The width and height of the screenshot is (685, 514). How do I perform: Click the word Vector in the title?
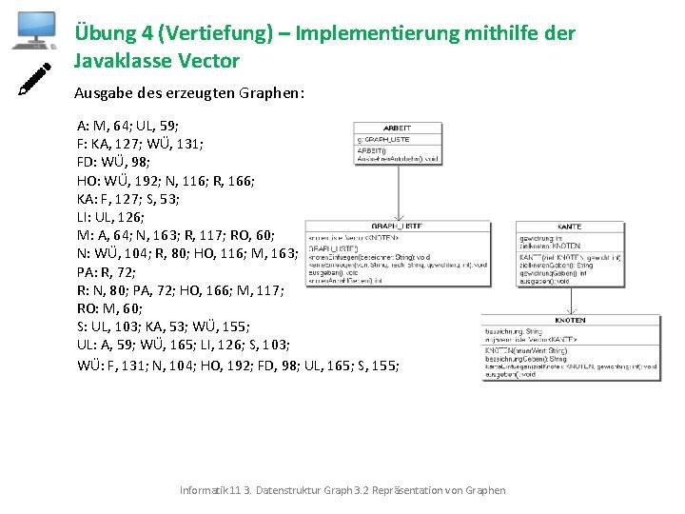coord(206,61)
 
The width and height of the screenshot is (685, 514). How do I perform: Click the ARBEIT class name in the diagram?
coord(397,128)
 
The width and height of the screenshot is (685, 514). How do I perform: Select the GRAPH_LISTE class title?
coord(398,226)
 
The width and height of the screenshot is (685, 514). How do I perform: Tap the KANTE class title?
coord(569,226)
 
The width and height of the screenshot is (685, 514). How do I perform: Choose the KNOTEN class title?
coord(570,320)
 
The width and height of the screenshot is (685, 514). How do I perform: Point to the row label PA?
coord(88,271)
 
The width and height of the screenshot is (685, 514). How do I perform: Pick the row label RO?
coord(89,307)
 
